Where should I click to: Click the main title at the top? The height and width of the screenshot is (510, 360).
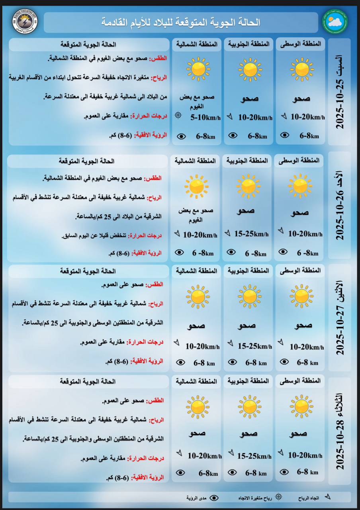pos(181,22)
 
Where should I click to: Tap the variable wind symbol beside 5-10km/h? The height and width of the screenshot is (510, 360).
pos(178,116)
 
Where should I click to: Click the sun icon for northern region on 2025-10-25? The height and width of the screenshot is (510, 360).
pos(198,69)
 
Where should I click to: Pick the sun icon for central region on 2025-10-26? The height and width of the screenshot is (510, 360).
pos(300,186)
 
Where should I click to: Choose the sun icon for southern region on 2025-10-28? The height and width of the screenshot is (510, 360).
pos(250,406)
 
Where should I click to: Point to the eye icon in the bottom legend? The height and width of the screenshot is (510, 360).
pos(214,498)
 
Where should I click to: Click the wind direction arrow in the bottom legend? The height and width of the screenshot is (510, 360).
pos(328,497)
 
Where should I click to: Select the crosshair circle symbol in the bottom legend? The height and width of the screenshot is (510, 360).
pos(278,497)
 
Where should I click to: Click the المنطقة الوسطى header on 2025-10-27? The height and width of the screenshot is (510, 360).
pos(306,271)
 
